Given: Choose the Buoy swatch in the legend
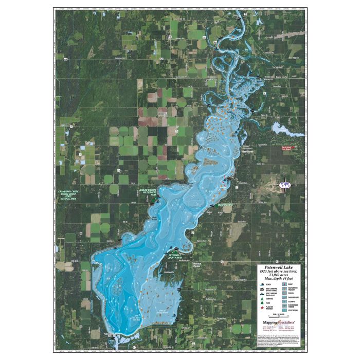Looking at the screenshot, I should [284, 284].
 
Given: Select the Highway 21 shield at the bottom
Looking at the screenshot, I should [134, 348].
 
